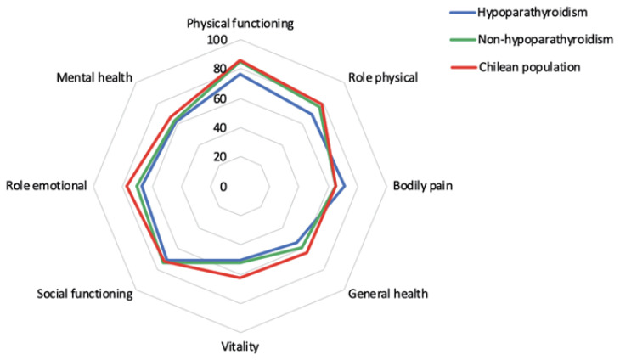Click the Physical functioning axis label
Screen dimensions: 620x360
pyautogui.click(x=240, y=24)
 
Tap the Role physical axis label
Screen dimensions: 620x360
pyautogui.click(x=383, y=77)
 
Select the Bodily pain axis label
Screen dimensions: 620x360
pyautogui.click(x=423, y=186)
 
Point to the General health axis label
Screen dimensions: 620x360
pyautogui.click(x=388, y=294)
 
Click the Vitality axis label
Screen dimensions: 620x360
pyautogui.click(x=240, y=346)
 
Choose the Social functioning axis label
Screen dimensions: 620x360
pyautogui.click(x=85, y=294)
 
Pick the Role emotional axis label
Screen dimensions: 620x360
pyautogui.click(x=46, y=186)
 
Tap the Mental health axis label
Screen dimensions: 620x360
pyautogui.click(x=94, y=77)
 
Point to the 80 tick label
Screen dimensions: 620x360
pyautogui.click(x=221, y=69)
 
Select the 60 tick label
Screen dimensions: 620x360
pyautogui.click(x=221, y=98)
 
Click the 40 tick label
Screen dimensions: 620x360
pyautogui.click(x=221, y=127)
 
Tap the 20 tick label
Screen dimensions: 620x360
pyautogui.click(x=221, y=157)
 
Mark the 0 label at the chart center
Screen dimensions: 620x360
pyautogui.click(x=224, y=187)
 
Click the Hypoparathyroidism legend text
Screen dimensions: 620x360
pyautogui.click(x=533, y=12)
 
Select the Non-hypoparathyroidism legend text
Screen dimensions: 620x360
pyautogui.click(x=545, y=40)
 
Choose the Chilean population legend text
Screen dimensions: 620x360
pyautogui.click(x=529, y=67)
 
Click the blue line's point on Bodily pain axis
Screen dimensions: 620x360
pyautogui.click(x=345, y=186)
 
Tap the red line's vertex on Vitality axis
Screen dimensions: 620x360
pyautogui.click(x=240, y=278)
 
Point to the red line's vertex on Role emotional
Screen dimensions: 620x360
pyautogui.click(x=127, y=186)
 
